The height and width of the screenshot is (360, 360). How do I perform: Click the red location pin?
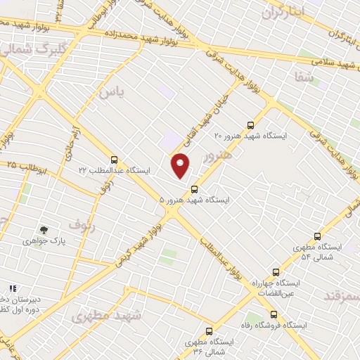[x=181, y=165]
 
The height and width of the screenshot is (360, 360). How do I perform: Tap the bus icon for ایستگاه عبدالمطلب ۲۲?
[x=115, y=159]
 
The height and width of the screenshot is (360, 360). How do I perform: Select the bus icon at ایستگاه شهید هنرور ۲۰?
[x=257, y=120]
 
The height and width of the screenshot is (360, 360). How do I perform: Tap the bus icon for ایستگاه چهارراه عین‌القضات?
[x=275, y=271]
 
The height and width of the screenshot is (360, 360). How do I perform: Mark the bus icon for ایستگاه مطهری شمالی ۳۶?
[x=209, y=331]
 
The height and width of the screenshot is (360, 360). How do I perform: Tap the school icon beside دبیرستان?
[x=12, y=288]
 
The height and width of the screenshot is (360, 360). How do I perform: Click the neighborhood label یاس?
[x=105, y=91]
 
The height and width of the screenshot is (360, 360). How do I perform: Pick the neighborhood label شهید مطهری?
[x=105, y=316]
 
